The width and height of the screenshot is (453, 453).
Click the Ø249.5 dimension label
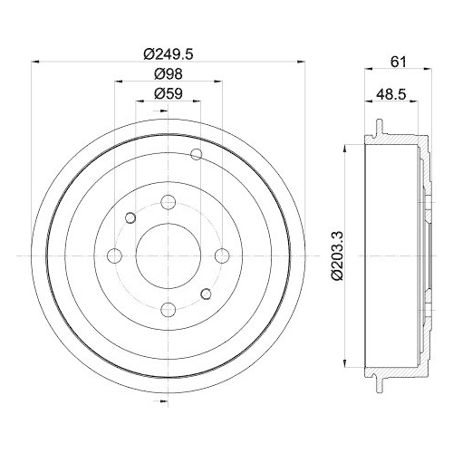tap(169, 53)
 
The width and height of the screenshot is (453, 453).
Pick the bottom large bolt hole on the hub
tap(169, 310)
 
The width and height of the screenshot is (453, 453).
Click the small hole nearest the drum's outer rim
tap(197, 154)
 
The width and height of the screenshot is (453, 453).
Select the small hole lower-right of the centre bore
tap(207, 294)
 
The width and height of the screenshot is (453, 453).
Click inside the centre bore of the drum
tap(169, 256)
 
